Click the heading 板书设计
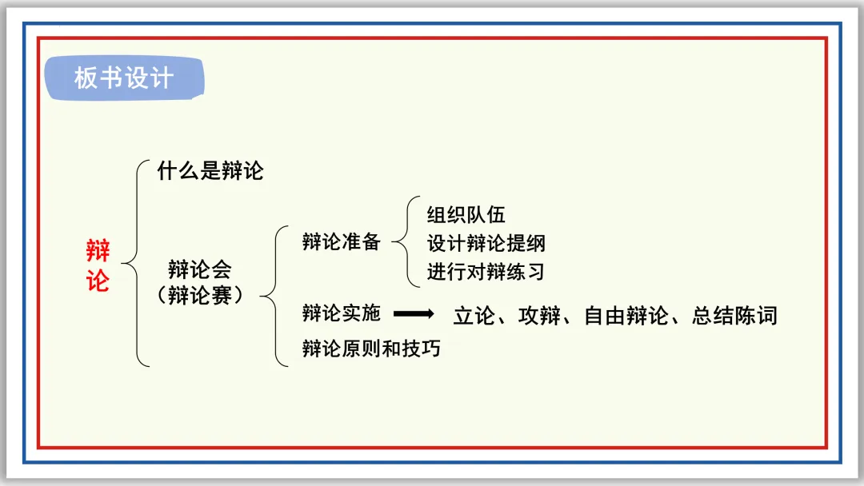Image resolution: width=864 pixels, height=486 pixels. tap(123, 78)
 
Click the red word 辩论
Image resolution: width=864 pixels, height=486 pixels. tap(98, 266)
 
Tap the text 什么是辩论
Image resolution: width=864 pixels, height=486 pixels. tap(210, 171)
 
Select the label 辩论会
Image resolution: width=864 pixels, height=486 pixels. tap(199, 269)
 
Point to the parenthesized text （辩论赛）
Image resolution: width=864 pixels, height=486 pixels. tap(199, 294)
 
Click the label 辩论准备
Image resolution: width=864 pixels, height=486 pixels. tap(341, 242)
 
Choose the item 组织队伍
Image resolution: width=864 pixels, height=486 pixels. tap(466, 214)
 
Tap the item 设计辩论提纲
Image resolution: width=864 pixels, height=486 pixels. tap(486, 243)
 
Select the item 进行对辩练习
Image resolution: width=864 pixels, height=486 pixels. tap(486, 272)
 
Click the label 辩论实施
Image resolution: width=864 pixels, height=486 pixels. tap(341, 313)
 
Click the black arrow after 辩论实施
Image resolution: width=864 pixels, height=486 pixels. tap(414, 313)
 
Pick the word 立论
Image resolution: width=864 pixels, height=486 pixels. tap(470, 316)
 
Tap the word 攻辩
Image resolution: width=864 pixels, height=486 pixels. tap(537, 316)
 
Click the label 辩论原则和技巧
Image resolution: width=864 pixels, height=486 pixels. tap(370, 349)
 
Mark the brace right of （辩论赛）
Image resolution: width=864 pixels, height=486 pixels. tap(274, 296)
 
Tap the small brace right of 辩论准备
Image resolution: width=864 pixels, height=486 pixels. tap(406, 241)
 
